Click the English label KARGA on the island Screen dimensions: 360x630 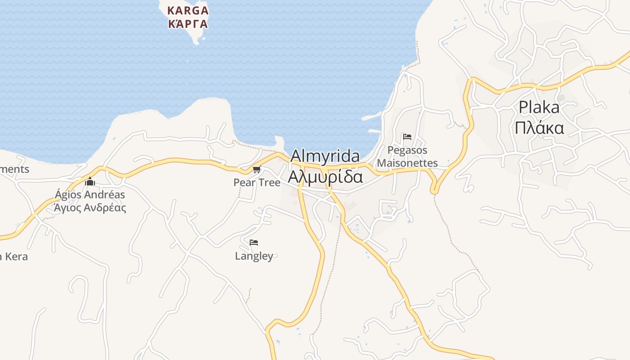point(188,10)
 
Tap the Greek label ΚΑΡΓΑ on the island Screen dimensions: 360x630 point(188,24)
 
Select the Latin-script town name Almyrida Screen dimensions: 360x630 point(325,156)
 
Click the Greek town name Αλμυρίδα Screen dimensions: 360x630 point(325,177)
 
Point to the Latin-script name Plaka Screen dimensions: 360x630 point(539,107)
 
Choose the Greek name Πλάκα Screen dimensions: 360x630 point(539,128)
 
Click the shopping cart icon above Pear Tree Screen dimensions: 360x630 point(256,170)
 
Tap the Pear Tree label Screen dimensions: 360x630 point(256,182)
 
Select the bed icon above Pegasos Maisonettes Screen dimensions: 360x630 point(407,136)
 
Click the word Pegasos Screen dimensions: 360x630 point(407,150)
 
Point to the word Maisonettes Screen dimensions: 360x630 point(407,162)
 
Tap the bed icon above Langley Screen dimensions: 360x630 point(254,243)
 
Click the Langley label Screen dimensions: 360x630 point(254,256)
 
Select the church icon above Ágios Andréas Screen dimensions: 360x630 point(90,181)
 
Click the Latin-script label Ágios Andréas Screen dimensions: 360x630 point(90,195)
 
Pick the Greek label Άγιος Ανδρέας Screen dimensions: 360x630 point(90,207)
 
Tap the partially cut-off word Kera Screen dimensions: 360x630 point(16,256)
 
